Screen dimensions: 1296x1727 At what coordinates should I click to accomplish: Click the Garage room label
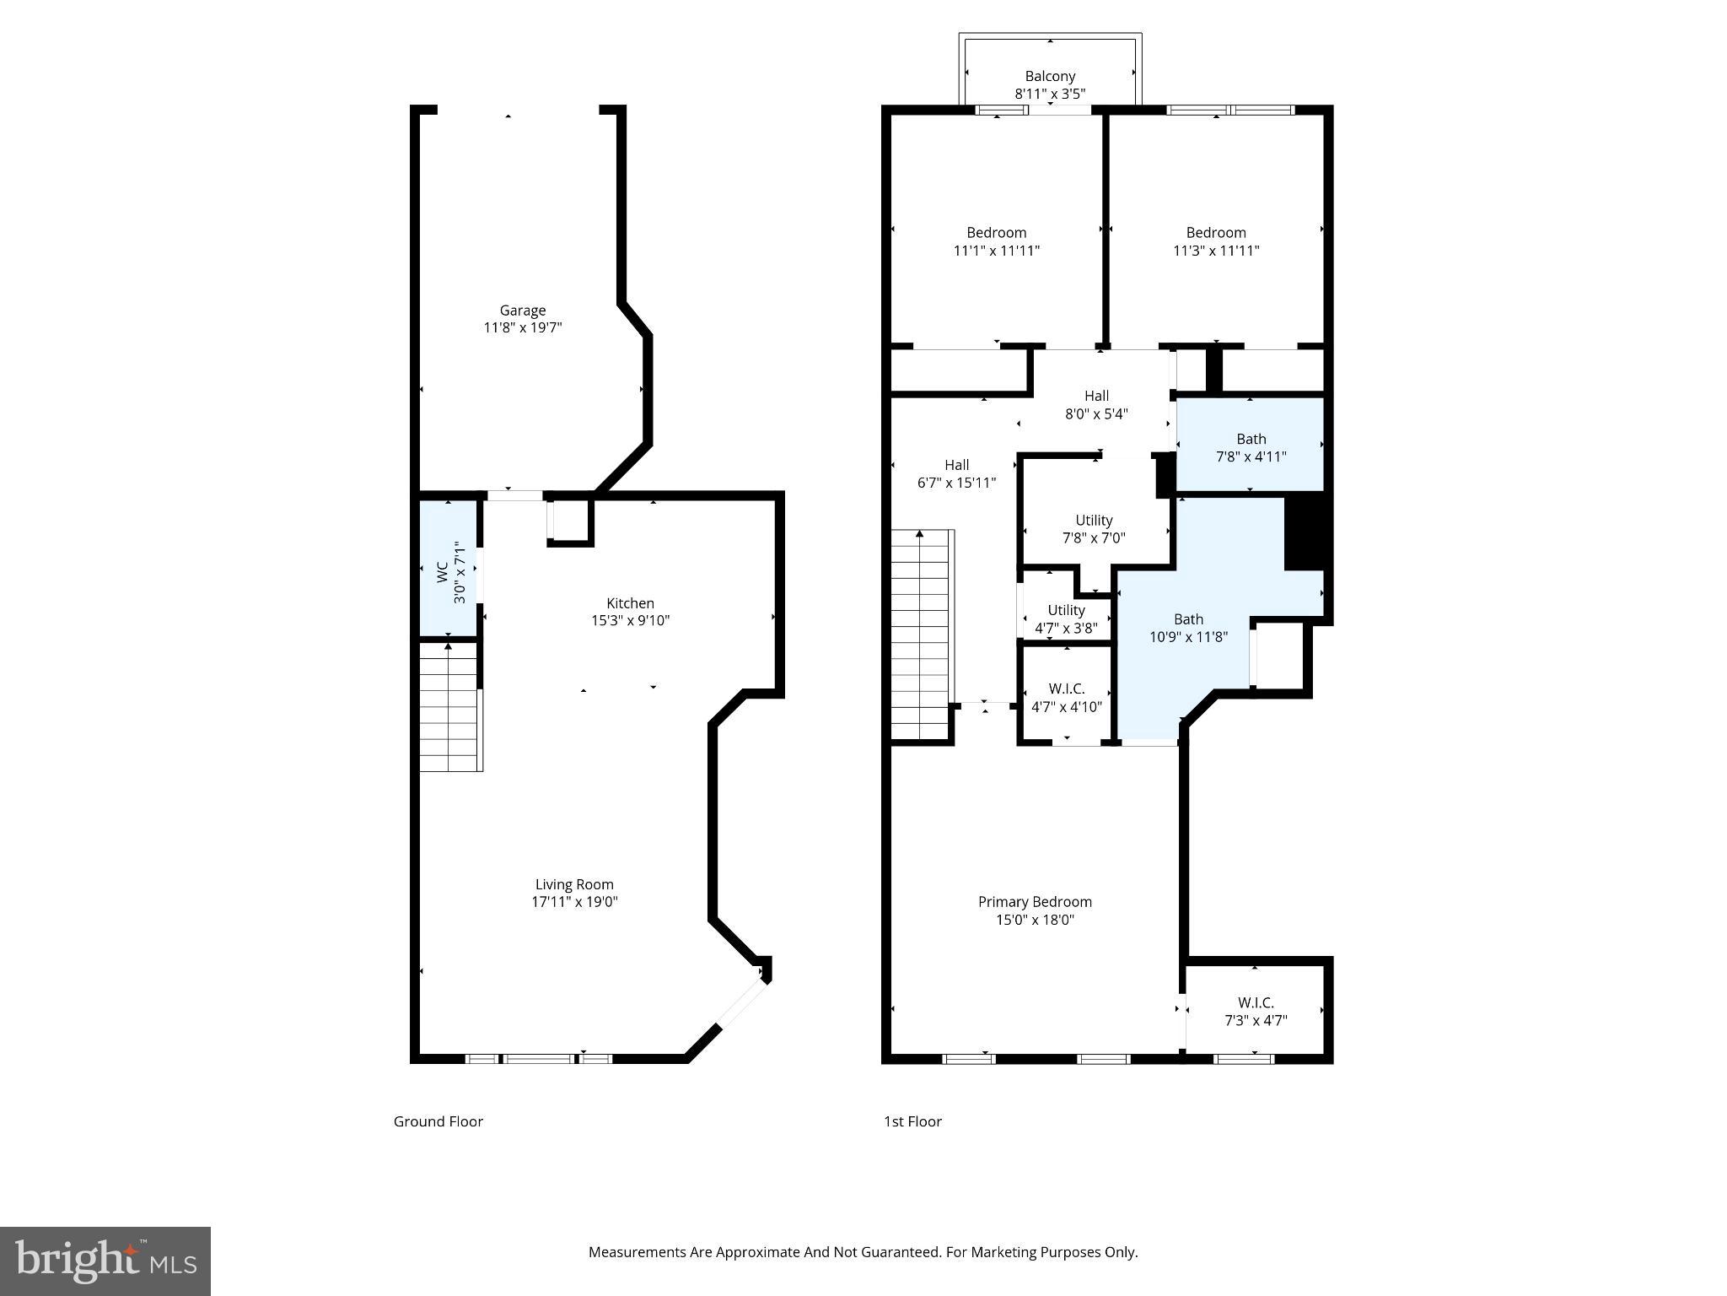coord(522,310)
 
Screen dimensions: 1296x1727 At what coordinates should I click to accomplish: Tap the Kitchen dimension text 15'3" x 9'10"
coord(630,621)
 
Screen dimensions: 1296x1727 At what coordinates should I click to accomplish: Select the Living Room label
coord(574,884)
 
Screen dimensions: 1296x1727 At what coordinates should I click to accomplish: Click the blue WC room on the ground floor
coord(450,569)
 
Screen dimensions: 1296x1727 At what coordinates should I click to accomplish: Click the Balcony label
coord(1050,76)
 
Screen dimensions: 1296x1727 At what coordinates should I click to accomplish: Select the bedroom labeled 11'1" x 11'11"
coord(996,241)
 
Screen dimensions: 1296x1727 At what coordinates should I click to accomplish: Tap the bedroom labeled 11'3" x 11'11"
coord(1215,241)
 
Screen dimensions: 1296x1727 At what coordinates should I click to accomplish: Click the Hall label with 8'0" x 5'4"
coord(1096,404)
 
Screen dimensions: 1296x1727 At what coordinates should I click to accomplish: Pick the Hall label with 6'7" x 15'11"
coord(956,473)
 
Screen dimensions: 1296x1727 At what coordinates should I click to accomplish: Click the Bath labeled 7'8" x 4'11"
coord(1251,447)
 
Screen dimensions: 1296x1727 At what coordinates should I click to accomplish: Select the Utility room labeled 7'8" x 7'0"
coord(1094,529)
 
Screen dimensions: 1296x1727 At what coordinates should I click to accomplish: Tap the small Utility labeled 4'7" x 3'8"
coord(1066,618)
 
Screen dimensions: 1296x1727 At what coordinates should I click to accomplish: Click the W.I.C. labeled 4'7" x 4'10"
coord(1066,698)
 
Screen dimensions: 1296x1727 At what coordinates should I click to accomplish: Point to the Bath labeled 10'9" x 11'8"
coord(1188,628)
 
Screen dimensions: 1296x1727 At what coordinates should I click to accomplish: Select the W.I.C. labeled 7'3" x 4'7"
coord(1255,1011)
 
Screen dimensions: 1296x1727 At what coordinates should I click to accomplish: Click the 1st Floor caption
coord(912,1121)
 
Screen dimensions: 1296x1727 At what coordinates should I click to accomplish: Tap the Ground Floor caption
coord(438,1121)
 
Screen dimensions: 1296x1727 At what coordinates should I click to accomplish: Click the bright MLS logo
coord(105,1261)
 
